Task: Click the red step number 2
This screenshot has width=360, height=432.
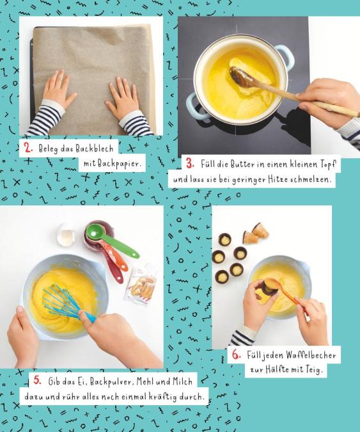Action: (x=28, y=148)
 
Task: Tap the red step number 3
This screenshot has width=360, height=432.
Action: (x=190, y=163)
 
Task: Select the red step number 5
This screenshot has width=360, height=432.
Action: (x=38, y=380)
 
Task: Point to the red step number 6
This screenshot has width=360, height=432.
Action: (x=236, y=355)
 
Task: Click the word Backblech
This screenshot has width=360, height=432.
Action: (x=95, y=148)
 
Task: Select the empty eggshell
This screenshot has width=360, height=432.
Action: (x=65, y=234)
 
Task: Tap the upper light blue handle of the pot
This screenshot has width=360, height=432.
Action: (x=286, y=56)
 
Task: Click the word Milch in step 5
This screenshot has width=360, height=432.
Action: (x=182, y=381)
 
